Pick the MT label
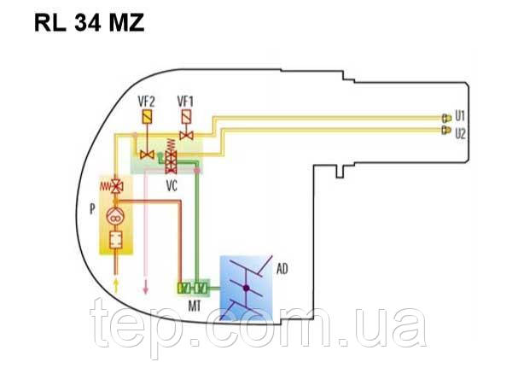[x=194, y=303]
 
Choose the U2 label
[x=460, y=133]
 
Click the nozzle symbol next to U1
[x=445, y=117]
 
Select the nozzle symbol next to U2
[x=445, y=131]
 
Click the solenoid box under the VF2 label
[x=147, y=115]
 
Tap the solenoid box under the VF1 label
[x=186, y=115]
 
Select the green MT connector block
[x=194, y=287]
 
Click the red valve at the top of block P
[x=115, y=185]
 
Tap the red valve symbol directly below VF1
[x=186, y=135]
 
